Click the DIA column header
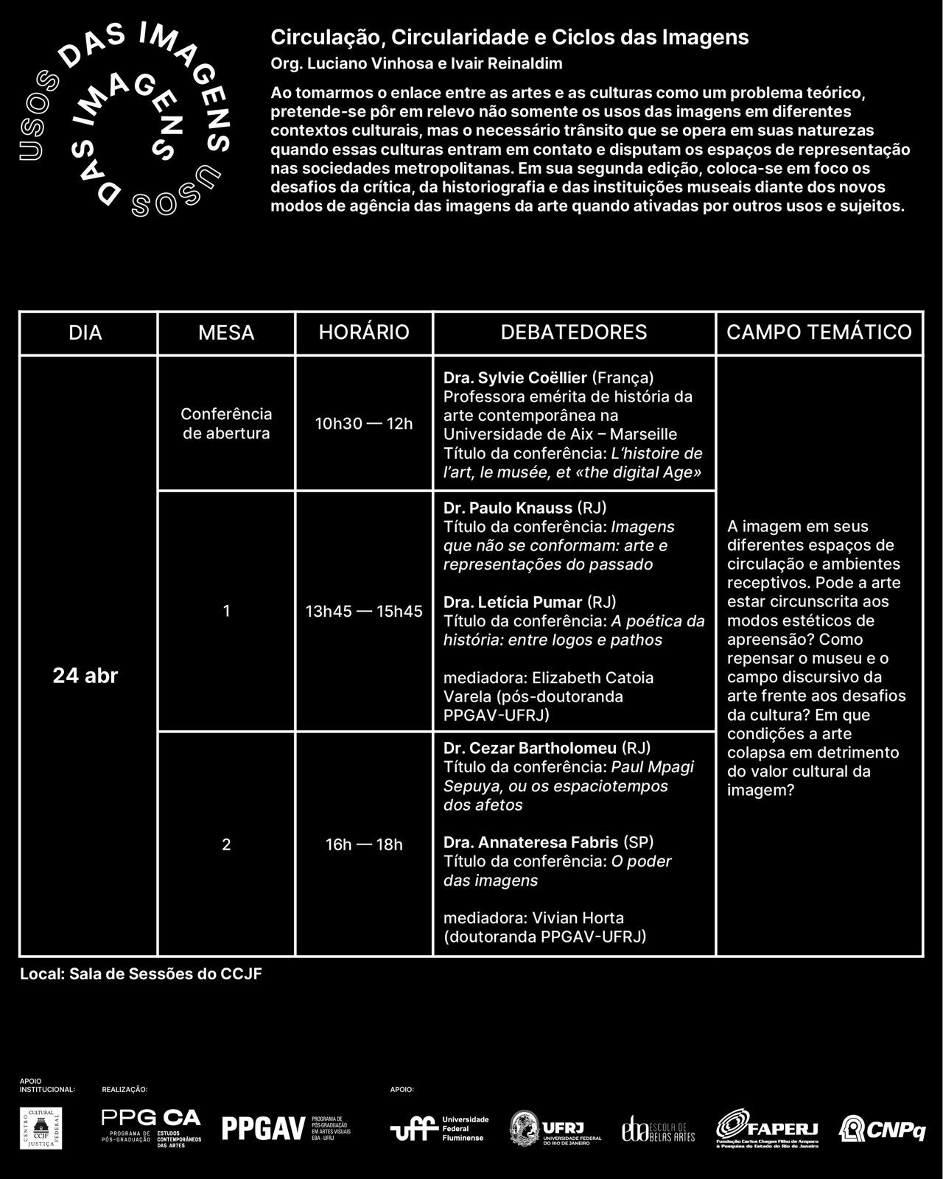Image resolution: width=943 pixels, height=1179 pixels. (85, 332)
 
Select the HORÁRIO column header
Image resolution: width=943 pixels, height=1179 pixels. (364, 332)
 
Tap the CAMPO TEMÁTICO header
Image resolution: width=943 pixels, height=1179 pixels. (819, 332)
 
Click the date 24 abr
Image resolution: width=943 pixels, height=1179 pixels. (85, 676)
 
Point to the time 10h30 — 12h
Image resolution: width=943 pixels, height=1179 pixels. (364, 424)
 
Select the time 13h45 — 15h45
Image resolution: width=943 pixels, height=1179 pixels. (364, 611)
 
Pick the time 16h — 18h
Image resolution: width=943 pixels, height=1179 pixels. (364, 844)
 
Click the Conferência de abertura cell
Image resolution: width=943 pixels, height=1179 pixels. (226, 424)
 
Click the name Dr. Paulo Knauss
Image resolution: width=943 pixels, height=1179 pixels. (508, 508)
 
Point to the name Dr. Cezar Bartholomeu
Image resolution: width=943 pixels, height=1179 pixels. (530, 749)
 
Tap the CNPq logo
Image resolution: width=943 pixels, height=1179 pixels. (883, 1128)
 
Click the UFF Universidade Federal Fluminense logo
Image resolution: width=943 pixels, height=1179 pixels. (439, 1128)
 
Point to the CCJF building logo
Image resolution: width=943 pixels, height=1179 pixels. (41, 1127)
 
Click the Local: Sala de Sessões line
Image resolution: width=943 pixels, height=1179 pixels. (141, 974)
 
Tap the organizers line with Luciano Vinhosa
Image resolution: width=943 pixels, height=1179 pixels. (416, 64)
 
